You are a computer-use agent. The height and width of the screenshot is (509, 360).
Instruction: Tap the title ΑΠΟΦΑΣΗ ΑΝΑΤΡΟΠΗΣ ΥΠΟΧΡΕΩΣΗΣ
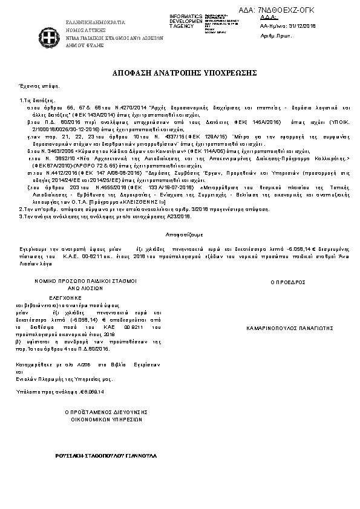tap(181, 73)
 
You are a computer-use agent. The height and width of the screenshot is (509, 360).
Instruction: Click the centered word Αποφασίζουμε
tap(180, 233)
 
